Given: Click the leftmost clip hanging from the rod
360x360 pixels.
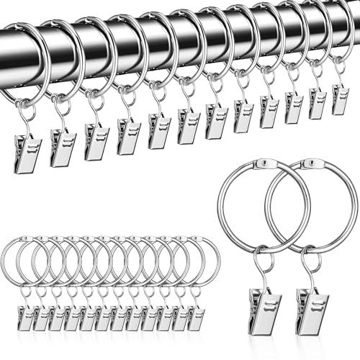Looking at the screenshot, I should (x=27, y=153).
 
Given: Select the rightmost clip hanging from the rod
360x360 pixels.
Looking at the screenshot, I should (x=340, y=99).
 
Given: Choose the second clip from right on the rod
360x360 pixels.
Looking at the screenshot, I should (x=316, y=103).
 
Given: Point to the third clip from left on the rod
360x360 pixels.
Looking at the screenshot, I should (x=96, y=140).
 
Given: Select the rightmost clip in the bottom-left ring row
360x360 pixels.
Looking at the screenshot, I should (x=195, y=317).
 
